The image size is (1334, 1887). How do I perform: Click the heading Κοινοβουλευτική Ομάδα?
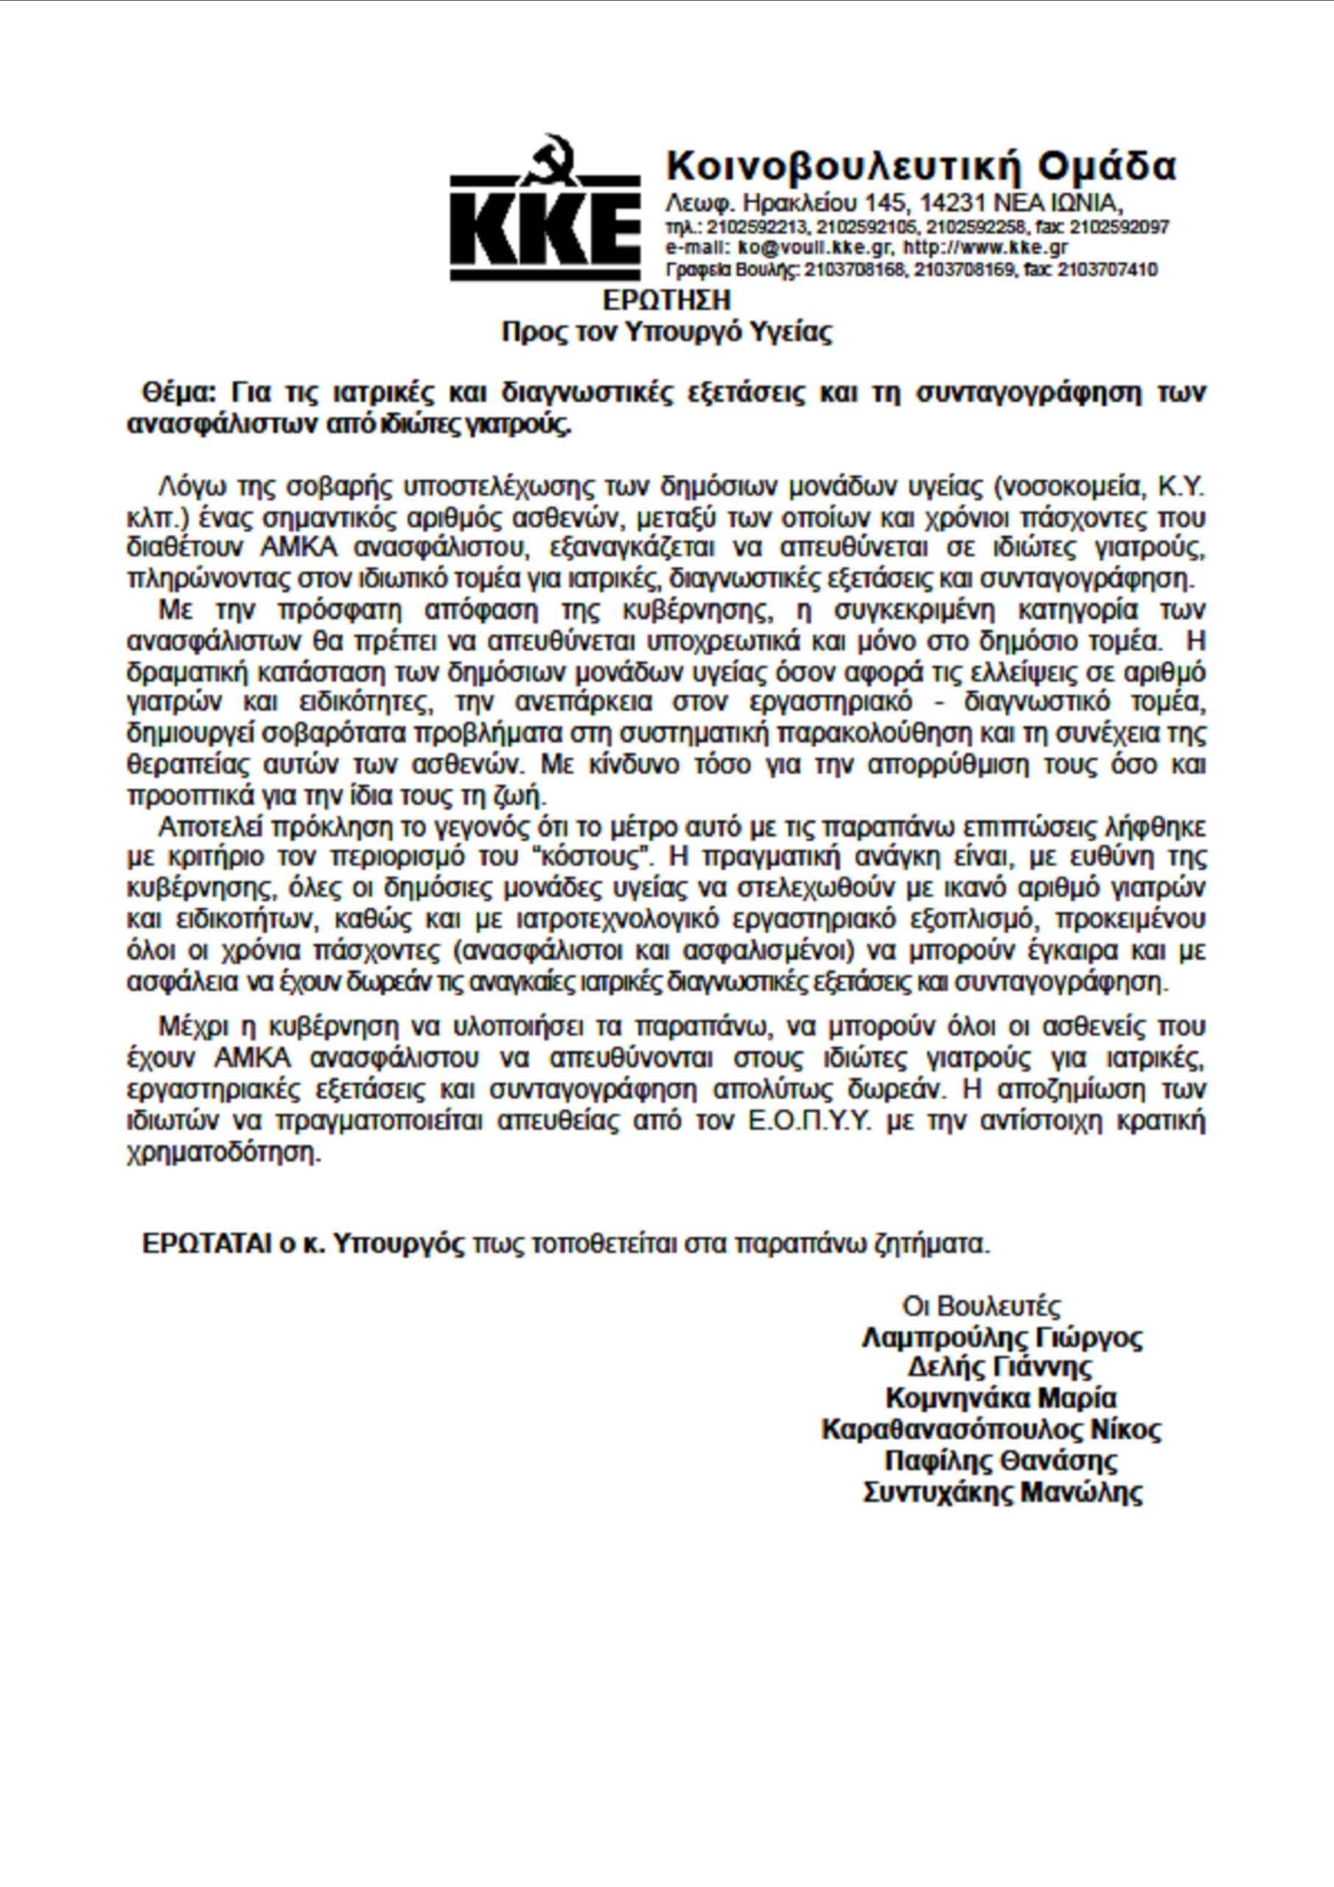pyautogui.click(x=921, y=166)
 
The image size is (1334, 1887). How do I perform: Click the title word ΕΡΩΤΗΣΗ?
pyautogui.click(x=666, y=300)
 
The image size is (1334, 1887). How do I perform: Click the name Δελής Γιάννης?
pyautogui.click(x=1000, y=1368)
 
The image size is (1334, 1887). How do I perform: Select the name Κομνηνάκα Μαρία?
pyautogui.click(x=1001, y=1399)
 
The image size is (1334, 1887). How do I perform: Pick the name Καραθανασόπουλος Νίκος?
pyautogui.click(x=991, y=1430)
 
